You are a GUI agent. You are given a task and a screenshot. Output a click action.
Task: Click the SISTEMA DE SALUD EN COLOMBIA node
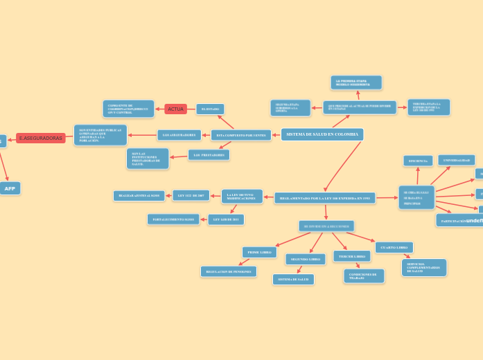[322, 134]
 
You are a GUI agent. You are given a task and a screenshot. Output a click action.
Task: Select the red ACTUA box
[175, 109]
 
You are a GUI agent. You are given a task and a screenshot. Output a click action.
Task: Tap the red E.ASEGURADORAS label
[40, 138]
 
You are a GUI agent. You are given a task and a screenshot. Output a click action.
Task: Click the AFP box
[10, 188]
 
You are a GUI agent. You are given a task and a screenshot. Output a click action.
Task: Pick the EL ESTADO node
[210, 109]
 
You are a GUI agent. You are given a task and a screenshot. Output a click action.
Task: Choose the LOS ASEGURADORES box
[179, 135]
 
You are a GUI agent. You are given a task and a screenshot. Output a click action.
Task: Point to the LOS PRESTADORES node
[209, 155]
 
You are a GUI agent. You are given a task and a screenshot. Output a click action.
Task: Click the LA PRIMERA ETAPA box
[356, 82]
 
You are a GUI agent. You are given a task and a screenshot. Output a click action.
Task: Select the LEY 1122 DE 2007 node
[191, 195]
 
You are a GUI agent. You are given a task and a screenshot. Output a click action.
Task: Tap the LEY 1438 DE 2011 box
[226, 219]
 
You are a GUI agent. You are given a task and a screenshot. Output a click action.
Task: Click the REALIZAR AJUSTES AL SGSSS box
[139, 196]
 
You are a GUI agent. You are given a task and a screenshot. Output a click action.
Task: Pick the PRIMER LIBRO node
[259, 252]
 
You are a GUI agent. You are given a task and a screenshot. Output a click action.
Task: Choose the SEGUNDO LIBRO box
[305, 259]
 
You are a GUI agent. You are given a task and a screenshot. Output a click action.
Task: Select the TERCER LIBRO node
[351, 256]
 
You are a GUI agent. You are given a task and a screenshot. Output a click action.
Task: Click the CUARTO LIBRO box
[394, 247]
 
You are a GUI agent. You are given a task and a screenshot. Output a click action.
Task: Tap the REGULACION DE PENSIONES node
[228, 271]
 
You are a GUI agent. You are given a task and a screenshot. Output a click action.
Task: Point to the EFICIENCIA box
[418, 161]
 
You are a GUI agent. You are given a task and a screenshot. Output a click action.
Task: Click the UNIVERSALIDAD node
[456, 160]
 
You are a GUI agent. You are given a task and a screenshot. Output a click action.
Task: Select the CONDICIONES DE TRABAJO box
[363, 276]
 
